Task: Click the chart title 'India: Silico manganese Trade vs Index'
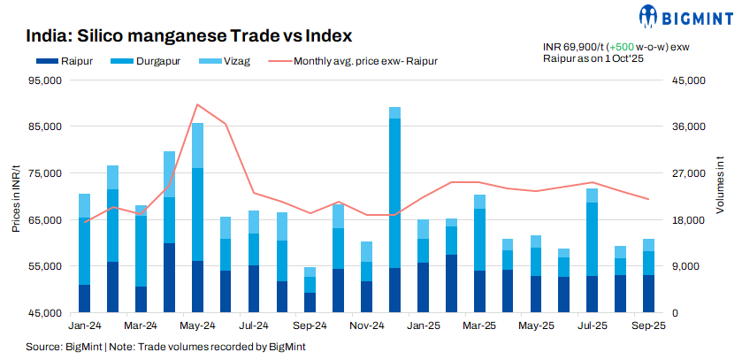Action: coord(189,36)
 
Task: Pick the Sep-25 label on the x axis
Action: coord(649,326)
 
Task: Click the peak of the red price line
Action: coord(197,104)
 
